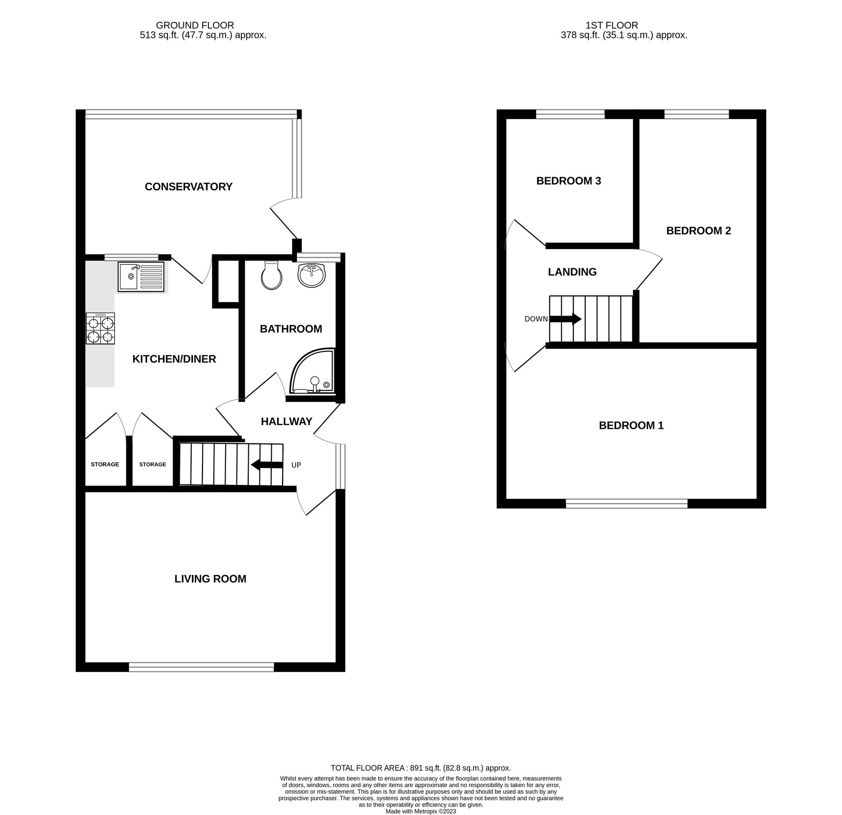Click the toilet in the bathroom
[x=272, y=276]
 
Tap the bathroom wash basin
[x=312, y=275]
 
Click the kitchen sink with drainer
[x=141, y=276]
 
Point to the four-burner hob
[x=100, y=329]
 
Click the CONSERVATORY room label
[x=188, y=187]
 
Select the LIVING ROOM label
[x=210, y=579]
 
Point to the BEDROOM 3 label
[x=568, y=181]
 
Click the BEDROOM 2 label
[x=698, y=231]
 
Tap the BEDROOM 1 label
[x=631, y=426]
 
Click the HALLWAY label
[x=286, y=422]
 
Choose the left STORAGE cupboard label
[x=105, y=465]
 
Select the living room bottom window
[x=201, y=667]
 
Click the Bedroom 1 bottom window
[x=626, y=503]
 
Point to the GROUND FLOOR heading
[x=195, y=25]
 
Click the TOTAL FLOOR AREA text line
[x=421, y=768]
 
